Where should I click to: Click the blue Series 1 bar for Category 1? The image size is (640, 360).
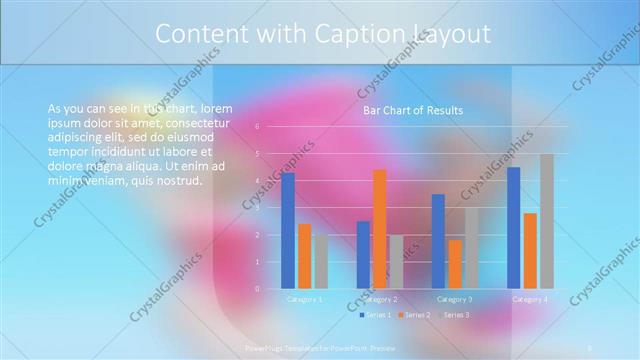(x=288, y=230)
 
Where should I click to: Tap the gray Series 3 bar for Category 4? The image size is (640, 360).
(x=546, y=221)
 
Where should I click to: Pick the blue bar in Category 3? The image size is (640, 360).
(x=438, y=241)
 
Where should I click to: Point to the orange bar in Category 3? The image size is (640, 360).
(x=455, y=264)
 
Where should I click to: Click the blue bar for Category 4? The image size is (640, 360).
(x=514, y=227)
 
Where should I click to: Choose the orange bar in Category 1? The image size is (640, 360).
(x=304, y=256)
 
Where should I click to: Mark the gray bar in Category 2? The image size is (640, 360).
(x=396, y=262)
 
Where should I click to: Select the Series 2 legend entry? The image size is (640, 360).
(x=414, y=315)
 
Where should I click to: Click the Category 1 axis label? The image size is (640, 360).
(x=304, y=299)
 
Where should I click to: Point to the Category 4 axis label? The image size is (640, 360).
(x=530, y=299)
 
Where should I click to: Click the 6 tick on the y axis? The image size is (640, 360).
(x=257, y=127)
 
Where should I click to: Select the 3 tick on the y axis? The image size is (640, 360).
(x=257, y=208)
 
